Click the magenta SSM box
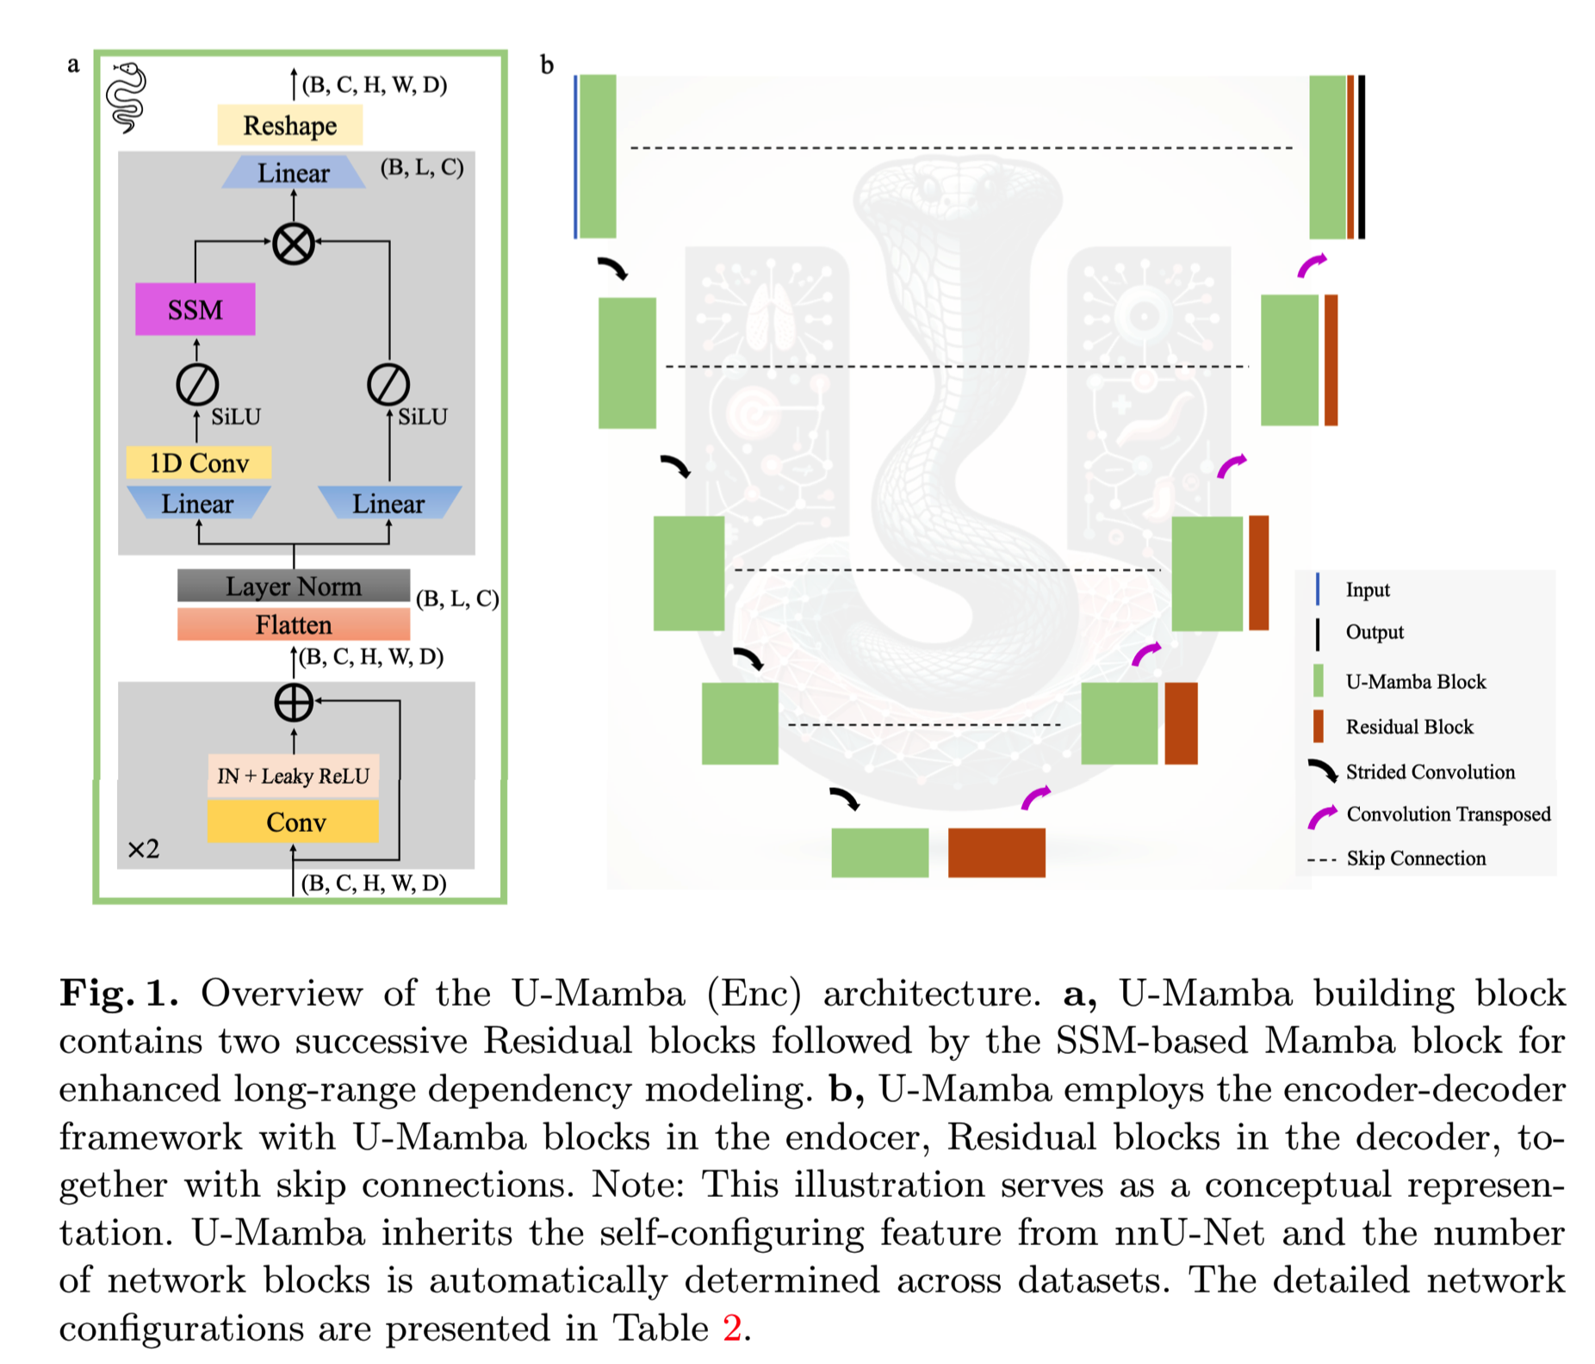point(195,309)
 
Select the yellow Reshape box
point(289,126)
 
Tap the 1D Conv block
point(199,463)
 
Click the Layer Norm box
point(293,586)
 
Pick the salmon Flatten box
point(293,624)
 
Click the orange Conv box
point(294,822)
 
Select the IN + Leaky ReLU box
point(293,776)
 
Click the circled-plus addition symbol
point(293,703)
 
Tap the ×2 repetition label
point(143,850)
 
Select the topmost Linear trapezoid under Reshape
point(293,173)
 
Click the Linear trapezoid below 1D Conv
point(198,504)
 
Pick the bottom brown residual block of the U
point(996,852)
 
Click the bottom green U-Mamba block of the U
point(879,852)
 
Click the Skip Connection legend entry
point(1416,859)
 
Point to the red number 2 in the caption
point(732,1328)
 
